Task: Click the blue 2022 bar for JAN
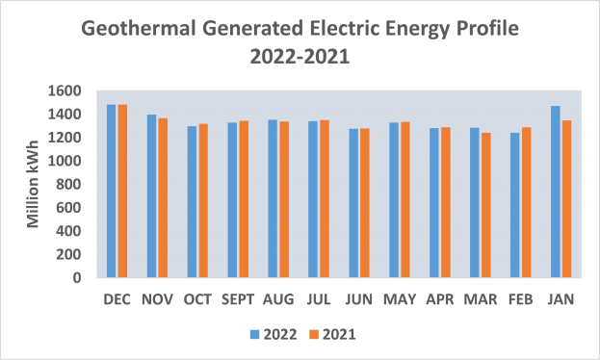(x=556, y=192)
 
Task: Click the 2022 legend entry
(x=273, y=334)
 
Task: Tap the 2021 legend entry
(x=332, y=334)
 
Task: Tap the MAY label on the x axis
(x=400, y=300)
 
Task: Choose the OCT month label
(x=196, y=300)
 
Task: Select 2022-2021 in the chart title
(x=300, y=57)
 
